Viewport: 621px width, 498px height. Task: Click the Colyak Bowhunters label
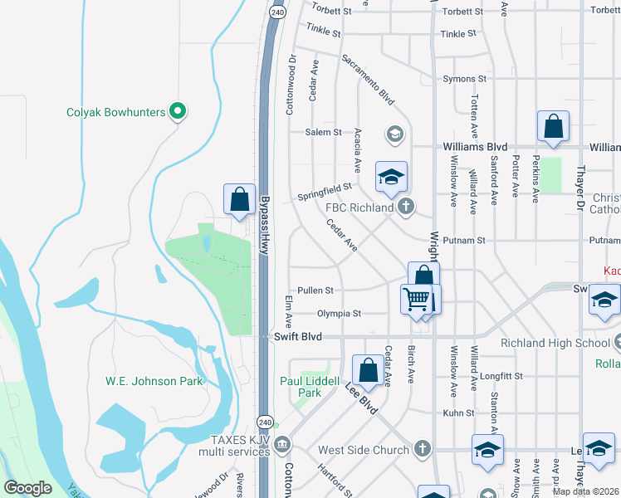pos(115,111)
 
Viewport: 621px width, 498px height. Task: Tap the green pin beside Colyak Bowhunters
pos(177,110)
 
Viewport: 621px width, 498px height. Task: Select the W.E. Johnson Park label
pos(154,381)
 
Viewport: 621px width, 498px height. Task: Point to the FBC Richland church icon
pos(405,207)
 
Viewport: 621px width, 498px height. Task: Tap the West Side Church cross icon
pos(423,449)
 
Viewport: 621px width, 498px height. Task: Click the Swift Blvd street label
pos(296,337)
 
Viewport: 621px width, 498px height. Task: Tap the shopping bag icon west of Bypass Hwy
pos(239,199)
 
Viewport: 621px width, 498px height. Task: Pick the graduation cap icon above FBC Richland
pos(392,177)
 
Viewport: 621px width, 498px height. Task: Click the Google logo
pos(27,488)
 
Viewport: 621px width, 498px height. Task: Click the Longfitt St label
pos(501,376)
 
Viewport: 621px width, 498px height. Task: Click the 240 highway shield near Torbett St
pos(278,12)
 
